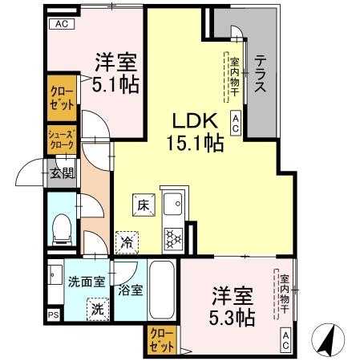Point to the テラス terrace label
261,75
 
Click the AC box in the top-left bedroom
61,24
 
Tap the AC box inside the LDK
237,122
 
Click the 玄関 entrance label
62,171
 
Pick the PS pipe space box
54,315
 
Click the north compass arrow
329,339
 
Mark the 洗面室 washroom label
86,282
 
